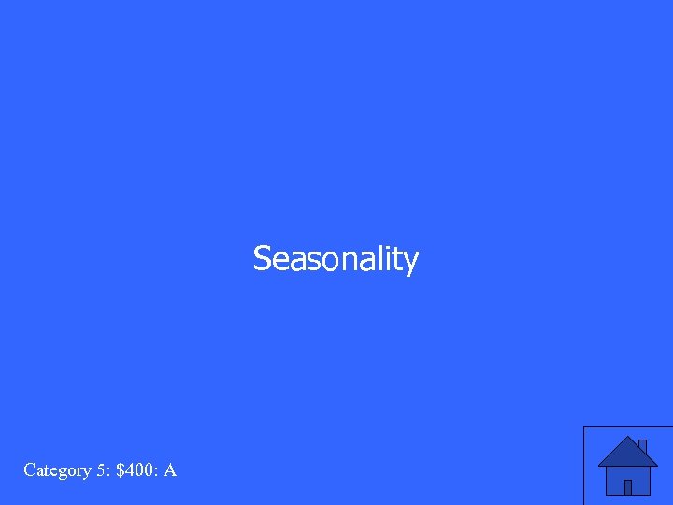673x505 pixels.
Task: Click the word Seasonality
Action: tap(336, 259)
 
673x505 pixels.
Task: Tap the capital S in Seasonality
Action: tap(262, 258)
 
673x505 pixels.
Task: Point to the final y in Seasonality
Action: tap(410, 262)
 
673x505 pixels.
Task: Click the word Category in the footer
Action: tap(57, 470)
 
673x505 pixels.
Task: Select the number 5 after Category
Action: tap(100, 469)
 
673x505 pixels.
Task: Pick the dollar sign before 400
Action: tap(121, 469)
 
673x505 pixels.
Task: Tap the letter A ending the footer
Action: tap(170, 469)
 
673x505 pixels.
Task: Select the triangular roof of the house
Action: tap(626, 454)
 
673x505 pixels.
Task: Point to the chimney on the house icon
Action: tap(642, 445)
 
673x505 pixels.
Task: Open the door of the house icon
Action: tap(628, 486)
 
